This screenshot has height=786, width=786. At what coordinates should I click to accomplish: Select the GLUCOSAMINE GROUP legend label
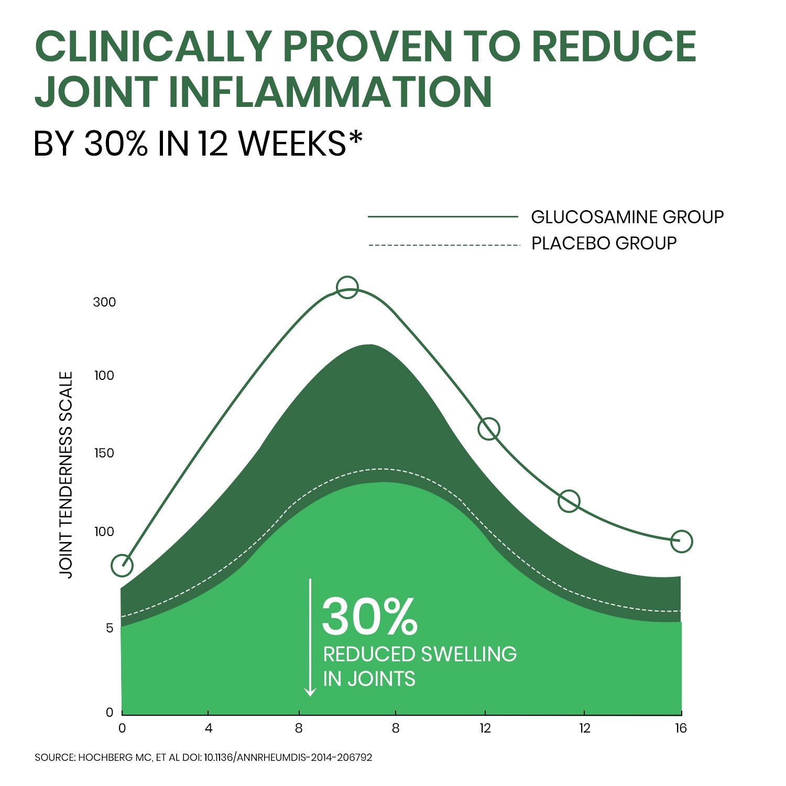(x=627, y=216)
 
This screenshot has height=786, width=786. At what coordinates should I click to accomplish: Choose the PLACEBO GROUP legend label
(x=604, y=243)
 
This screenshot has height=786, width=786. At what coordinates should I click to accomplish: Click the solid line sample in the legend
(x=443, y=216)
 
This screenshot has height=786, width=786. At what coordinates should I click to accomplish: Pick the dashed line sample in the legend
(x=443, y=245)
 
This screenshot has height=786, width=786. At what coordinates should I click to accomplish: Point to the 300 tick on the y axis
(x=104, y=302)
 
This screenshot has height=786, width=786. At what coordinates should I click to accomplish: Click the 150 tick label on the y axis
(x=104, y=453)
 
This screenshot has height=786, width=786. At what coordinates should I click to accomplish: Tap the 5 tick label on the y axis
(x=110, y=628)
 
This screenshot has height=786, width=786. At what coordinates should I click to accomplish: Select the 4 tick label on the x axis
(x=209, y=728)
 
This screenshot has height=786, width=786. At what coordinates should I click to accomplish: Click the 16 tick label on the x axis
(x=681, y=728)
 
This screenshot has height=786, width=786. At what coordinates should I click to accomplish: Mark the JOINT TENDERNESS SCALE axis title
(x=66, y=474)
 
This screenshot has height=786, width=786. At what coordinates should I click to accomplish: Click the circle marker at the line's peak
(x=347, y=287)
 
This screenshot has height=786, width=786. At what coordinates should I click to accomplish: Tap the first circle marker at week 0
(x=122, y=565)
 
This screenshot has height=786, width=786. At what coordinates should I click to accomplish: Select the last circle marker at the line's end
(x=682, y=541)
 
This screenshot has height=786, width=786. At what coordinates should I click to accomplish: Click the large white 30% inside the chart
(x=370, y=617)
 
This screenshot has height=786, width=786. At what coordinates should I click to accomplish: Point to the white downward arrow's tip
(x=310, y=694)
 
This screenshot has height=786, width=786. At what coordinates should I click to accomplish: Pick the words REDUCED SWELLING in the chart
(x=420, y=654)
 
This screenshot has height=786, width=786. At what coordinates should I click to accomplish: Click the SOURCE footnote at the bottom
(x=203, y=758)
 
